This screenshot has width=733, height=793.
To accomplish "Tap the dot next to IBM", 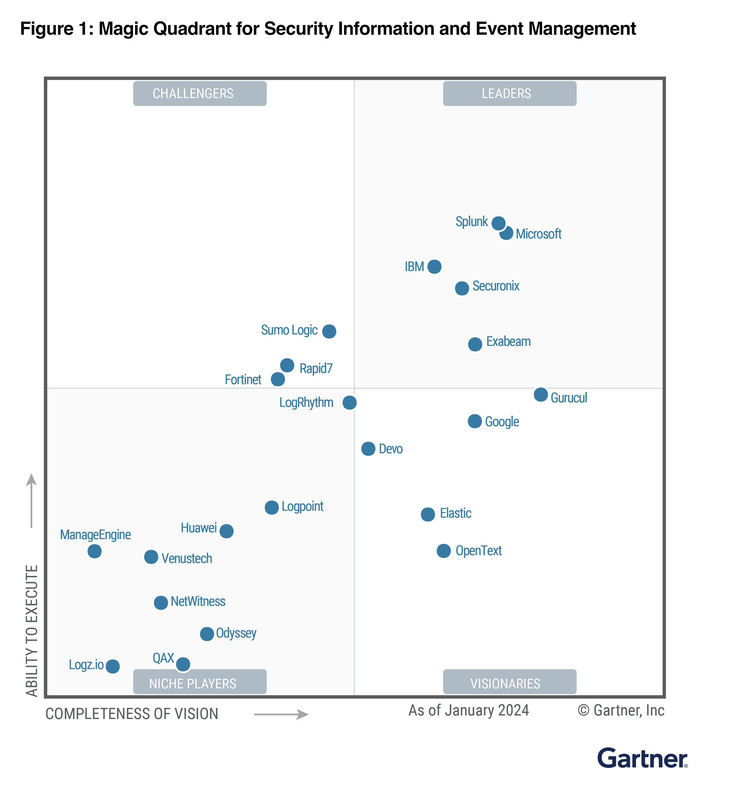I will pos(434,267).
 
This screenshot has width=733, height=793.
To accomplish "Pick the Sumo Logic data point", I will pos(329,331).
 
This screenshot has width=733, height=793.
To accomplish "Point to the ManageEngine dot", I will pos(95,551).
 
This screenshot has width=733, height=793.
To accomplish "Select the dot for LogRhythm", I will pos(349,403).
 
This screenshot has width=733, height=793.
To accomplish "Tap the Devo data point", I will pos(368,449).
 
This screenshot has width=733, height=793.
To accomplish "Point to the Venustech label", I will pos(186,559).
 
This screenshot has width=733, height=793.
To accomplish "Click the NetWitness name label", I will pos(198,601).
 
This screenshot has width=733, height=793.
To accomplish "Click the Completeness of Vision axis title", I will pos(132,714).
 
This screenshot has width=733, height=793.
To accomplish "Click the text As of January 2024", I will pos(468,710).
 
